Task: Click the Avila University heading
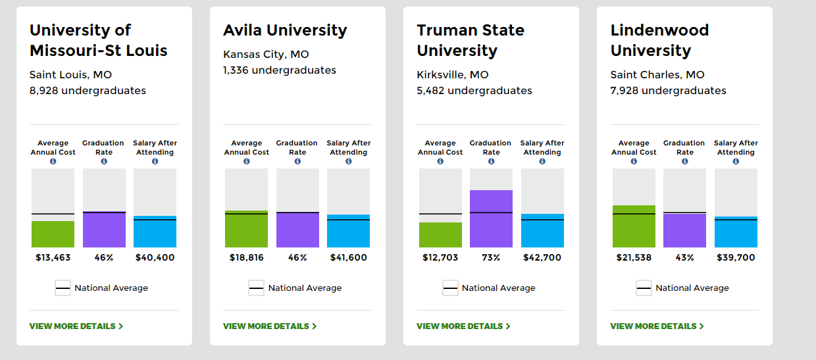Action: point(285,30)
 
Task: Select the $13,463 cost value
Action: point(53,257)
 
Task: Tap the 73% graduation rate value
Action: point(491,257)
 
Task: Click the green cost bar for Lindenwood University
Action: point(634,226)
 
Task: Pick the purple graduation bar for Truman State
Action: point(491,219)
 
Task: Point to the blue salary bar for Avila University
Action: point(348,231)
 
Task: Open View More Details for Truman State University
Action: point(463,326)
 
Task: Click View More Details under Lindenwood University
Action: point(657,326)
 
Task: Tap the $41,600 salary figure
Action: point(348,257)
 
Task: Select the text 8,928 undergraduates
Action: point(88,90)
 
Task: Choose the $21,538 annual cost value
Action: point(634,257)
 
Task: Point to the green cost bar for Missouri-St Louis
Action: point(53,234)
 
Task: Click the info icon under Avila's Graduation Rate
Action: point(297,161)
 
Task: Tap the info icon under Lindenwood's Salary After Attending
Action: point(736,161)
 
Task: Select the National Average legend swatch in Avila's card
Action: point(257,288)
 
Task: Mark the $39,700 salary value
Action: point(736,257)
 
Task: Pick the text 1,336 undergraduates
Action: point(280,70)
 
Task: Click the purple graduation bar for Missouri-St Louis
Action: point(104,230)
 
